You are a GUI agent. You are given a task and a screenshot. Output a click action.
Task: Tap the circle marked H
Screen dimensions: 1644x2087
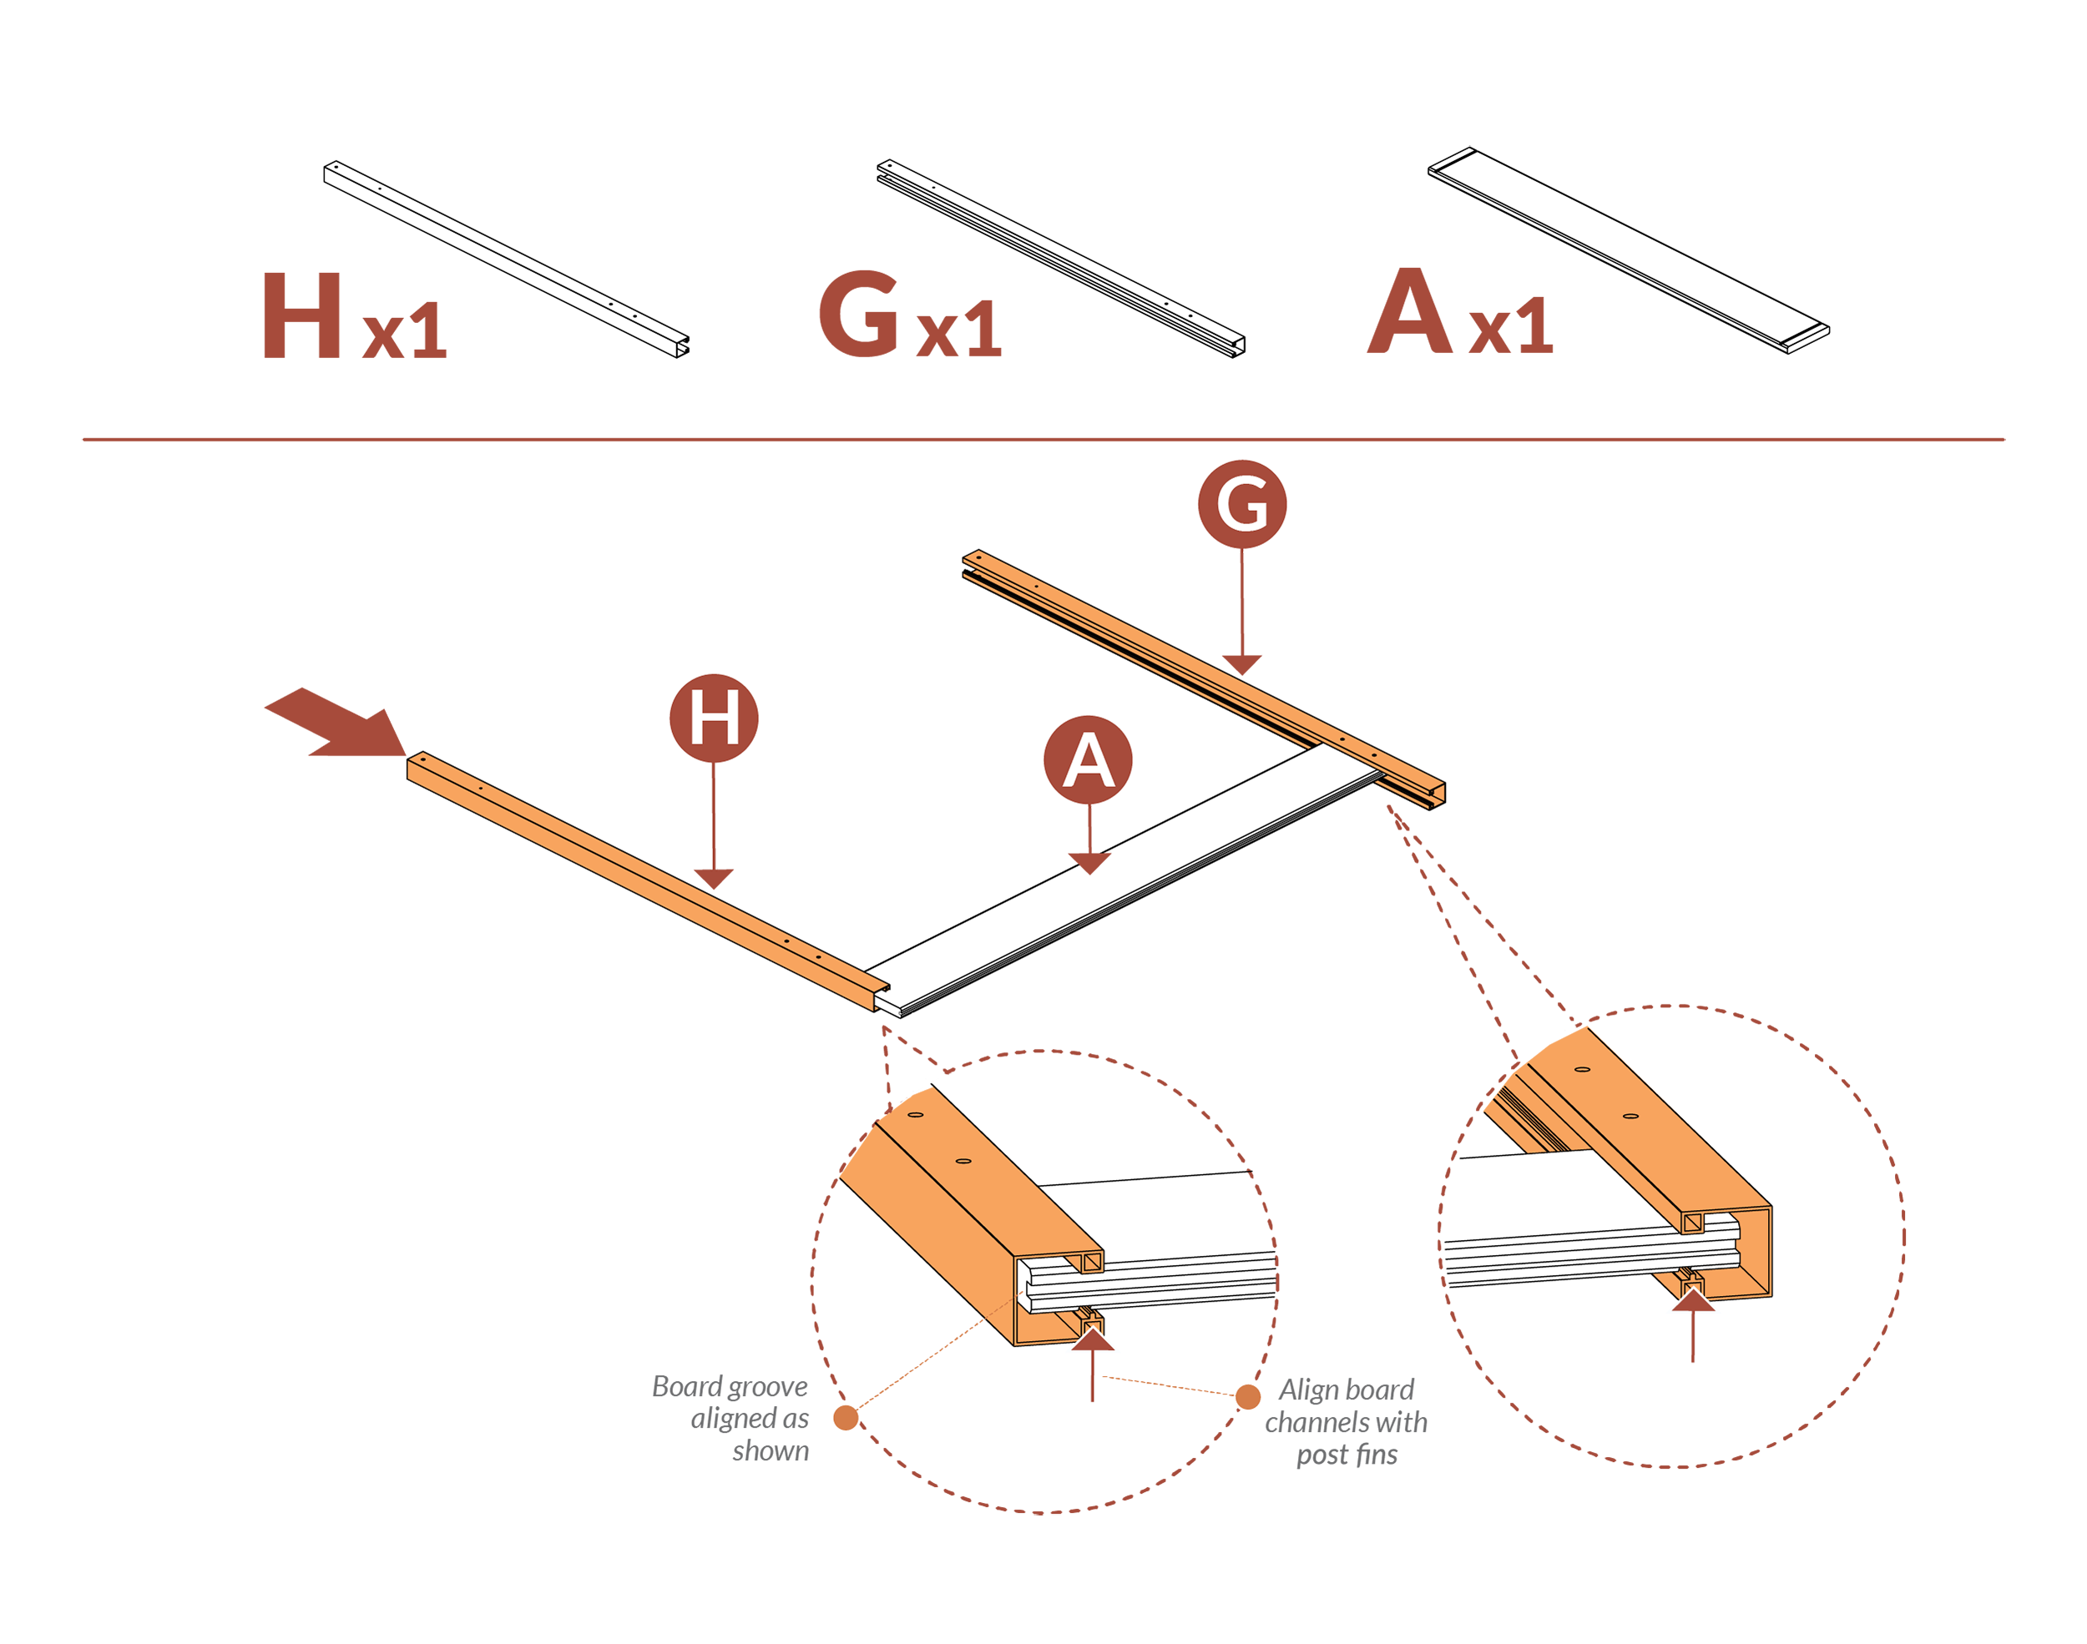713,718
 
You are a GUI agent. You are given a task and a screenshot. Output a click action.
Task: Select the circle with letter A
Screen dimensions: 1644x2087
1088,759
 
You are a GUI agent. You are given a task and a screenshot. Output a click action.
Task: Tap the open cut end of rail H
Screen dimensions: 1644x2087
880,997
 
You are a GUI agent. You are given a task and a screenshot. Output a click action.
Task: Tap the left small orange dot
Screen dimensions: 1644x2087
845,1417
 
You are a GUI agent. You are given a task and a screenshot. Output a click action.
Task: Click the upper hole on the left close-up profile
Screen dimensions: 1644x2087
916,1115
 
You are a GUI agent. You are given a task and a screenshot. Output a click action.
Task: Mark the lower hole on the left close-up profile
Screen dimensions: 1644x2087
960,1161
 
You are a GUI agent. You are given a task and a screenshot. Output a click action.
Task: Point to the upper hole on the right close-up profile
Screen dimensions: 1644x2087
1579,1068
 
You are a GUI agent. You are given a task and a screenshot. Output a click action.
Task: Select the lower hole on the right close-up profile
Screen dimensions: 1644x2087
1630,1116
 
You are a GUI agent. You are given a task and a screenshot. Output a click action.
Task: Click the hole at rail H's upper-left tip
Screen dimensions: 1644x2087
421,761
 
